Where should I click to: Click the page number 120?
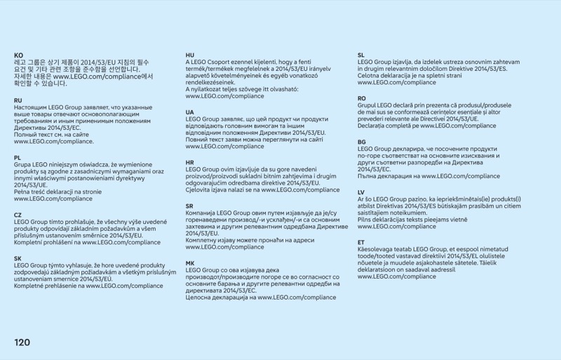[22, 342]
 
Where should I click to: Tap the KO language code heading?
[18, 55]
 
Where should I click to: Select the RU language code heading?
[18, 100]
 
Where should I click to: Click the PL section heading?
[18, 158]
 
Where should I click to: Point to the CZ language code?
[18, 215]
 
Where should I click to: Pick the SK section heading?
[18, 258]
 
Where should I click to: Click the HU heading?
[189, 55]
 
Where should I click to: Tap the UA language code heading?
[189, 112]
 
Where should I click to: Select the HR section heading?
[189, 162]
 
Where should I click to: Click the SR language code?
[189, 206]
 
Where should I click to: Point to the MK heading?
[189, 263]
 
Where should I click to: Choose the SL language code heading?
[361, 55]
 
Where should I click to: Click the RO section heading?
[362, 98]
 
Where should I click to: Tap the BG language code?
[362, 142]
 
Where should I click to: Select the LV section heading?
[361, 192]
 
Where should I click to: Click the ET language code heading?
[361, 242]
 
